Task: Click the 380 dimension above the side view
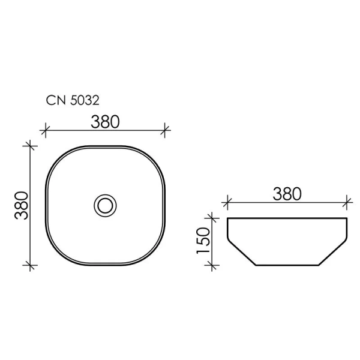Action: [286, 193]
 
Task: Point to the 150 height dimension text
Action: [202, 241]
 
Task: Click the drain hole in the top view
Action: [106, 205]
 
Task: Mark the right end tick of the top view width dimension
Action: [166, 129]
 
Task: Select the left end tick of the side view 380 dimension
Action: [227, 201]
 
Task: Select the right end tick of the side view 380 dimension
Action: [347, 201]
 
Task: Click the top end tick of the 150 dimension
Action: [210, 217]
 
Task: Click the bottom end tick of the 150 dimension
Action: [210, 265]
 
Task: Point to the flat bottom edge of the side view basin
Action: [287, 265]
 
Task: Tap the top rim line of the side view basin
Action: [287, 218]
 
